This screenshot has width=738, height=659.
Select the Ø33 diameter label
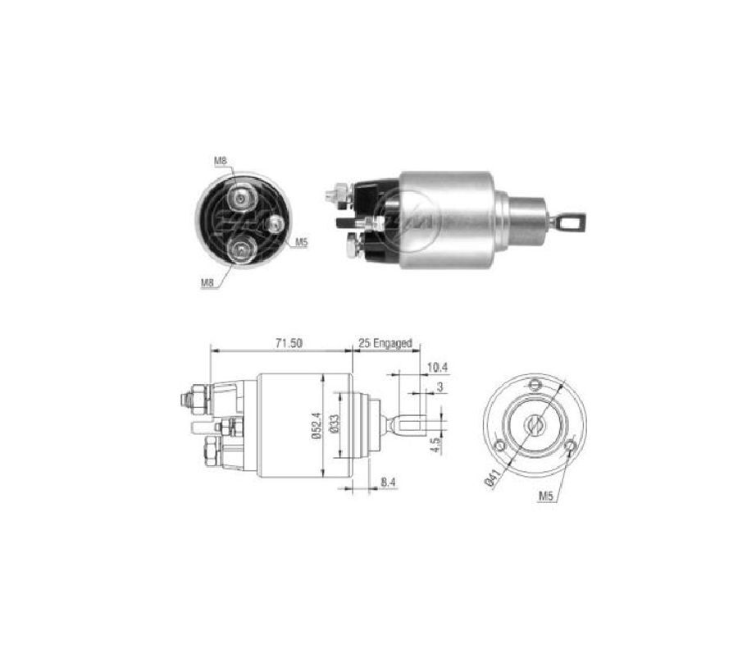[x=336, y=425]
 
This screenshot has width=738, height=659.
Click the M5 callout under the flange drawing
[x=549, y=496]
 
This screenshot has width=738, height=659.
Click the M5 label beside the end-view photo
[x=301, y=243]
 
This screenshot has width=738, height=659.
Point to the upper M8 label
[x=221, y=161]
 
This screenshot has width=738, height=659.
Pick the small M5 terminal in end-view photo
[x=275, y=223]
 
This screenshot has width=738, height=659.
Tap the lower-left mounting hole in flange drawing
[x=499, y=446]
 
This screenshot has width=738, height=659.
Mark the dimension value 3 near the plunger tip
[x=440, y=386]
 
